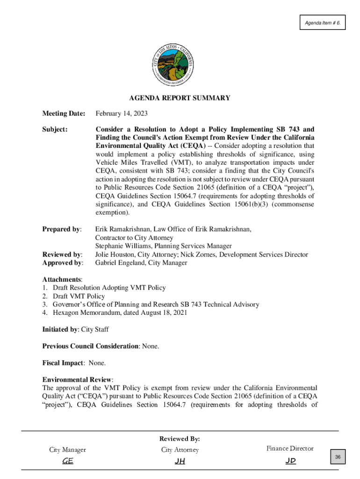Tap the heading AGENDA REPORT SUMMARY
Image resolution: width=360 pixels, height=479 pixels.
point(180,98)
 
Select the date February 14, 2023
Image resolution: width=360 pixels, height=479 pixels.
point(120,114)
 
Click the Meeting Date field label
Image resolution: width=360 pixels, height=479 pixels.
point(64,114)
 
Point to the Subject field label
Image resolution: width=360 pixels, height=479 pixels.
point(55,129)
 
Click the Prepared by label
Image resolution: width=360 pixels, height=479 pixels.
point(62,229)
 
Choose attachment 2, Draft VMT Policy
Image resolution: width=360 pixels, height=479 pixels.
point(79,296)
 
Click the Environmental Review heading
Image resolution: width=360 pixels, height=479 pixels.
point(78,380)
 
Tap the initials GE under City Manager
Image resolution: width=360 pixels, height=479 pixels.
point(68,461)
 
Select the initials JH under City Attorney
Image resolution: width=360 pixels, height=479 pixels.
point(180,461)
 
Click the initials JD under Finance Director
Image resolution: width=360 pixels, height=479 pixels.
point(290,461)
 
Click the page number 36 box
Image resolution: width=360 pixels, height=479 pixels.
point(337,457)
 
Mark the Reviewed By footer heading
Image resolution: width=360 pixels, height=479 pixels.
point(180,439)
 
